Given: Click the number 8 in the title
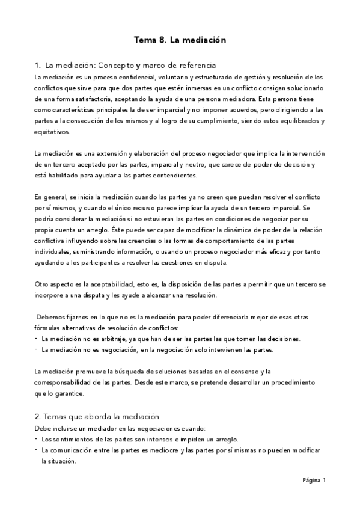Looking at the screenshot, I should [x=162, y=41].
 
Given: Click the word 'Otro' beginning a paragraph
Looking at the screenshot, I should [x=43, y=285].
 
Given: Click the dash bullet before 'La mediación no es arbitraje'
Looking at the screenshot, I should [x=36, y=339].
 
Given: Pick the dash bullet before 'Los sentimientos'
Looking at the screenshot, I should [x=36, y=439].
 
